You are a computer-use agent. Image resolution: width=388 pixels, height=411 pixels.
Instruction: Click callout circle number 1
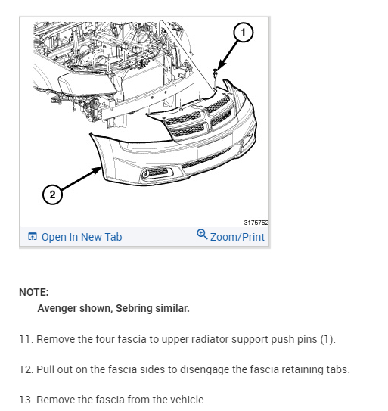243,33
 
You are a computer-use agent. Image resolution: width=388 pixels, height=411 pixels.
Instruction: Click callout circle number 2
52,195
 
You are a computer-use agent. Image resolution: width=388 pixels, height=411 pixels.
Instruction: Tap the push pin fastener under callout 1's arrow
216,73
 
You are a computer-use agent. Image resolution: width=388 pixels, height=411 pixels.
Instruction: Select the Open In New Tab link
82,237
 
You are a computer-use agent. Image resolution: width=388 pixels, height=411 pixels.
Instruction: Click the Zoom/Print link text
237,237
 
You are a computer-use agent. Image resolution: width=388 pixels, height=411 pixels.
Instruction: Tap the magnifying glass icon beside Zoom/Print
202,234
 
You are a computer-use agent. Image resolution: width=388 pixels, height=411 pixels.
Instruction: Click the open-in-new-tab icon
33,236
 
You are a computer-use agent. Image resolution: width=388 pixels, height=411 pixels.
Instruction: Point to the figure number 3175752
256,223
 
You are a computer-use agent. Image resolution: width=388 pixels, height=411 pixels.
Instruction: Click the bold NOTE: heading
34,292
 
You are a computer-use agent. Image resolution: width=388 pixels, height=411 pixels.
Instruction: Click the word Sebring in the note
134,308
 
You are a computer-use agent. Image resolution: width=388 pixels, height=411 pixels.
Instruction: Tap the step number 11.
26,339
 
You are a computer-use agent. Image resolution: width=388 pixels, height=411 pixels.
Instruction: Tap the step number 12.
26,369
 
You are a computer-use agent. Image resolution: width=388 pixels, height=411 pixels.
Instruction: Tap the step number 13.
26,400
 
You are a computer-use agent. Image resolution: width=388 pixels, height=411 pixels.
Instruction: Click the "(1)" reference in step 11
327,339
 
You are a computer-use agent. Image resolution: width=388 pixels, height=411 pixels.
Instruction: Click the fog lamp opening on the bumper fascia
157,173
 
